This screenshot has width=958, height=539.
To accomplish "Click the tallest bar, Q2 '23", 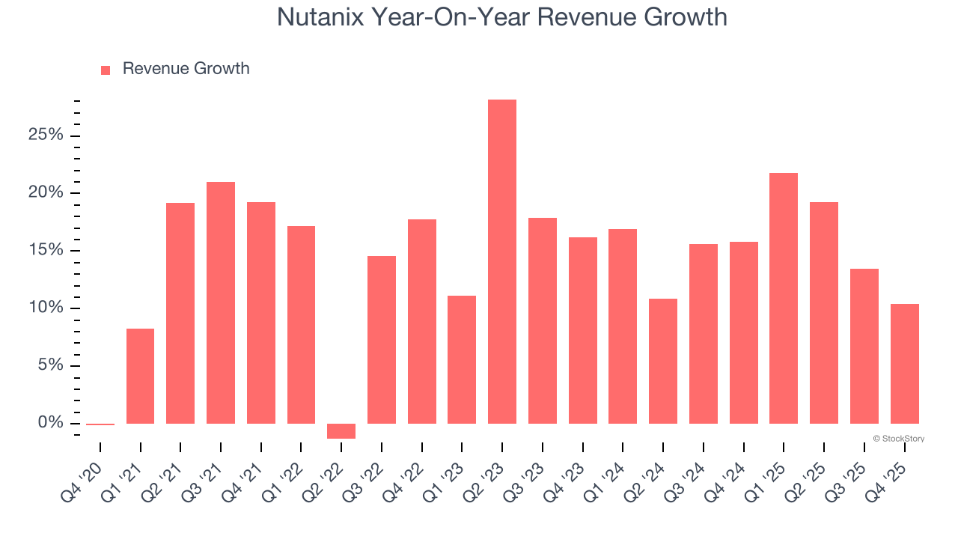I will pos(501,261).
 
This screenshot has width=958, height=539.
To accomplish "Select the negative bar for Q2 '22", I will pos(341,431).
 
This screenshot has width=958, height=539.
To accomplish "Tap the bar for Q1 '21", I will pos(140,376).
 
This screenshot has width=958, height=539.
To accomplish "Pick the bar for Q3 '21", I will pos(221,302).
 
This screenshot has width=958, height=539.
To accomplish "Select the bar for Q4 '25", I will pos(904,364).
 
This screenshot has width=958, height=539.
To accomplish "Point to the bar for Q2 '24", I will pos(663,361).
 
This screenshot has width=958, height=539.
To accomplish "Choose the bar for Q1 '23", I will pos(462,359).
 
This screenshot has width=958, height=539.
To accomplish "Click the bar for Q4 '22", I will pos(421,321).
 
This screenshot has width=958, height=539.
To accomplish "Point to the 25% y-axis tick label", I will pos(46,135).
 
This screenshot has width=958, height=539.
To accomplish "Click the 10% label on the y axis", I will pos(46,308).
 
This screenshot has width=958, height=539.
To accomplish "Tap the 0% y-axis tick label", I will pos(50,424).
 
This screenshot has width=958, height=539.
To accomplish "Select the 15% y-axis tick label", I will pos(46,251).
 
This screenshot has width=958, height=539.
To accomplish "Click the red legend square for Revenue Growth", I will pos(106,70).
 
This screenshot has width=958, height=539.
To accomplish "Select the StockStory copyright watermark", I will pos(898,439).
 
